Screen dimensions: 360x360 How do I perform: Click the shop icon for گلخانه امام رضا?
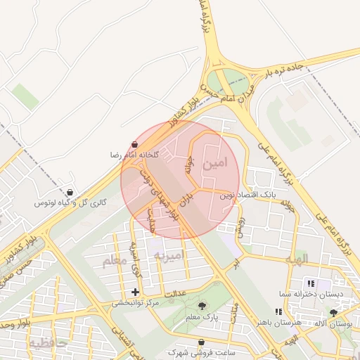134,144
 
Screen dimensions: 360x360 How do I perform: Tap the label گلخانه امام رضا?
134,154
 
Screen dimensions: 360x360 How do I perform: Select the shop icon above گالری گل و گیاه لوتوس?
70,193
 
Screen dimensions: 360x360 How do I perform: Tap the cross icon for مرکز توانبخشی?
135,292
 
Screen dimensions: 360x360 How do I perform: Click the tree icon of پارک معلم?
203,306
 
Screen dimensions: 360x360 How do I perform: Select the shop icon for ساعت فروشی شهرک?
202,342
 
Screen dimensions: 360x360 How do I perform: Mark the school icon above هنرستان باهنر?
279,311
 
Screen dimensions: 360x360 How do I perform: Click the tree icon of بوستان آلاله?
333,312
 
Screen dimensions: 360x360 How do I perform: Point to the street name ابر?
236,262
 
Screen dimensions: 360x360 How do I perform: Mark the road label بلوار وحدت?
13,326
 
